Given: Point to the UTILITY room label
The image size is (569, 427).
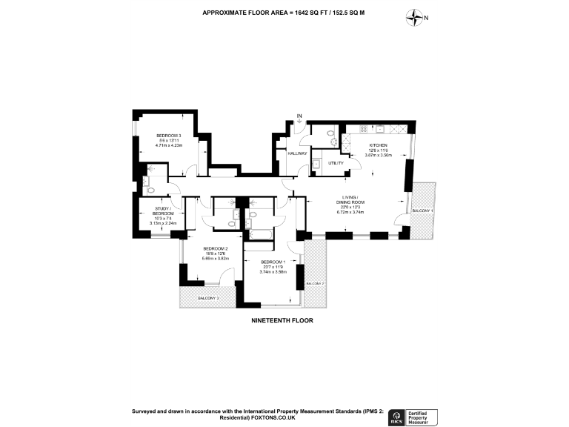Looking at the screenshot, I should pyautogui.click(x=326, y=162).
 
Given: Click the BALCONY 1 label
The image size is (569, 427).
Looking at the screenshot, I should pyautogui.click(x=423, y=211).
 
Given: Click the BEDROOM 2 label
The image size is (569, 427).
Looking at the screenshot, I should pyautogui.click(x=217, y=248).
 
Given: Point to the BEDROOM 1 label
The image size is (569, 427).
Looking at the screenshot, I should pyautogui.click(x=273, y=262).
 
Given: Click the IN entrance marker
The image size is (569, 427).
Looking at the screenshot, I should pyautogui.click(x=299, y=116).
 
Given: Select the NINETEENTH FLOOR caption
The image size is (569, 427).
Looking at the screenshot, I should pyautogui.click(x=284, y=321).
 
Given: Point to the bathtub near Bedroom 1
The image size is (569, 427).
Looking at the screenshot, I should pyautogui.click(x=260, y=234).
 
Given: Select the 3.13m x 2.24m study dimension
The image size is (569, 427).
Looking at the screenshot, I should pyautogui.click(x=161, y=222).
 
